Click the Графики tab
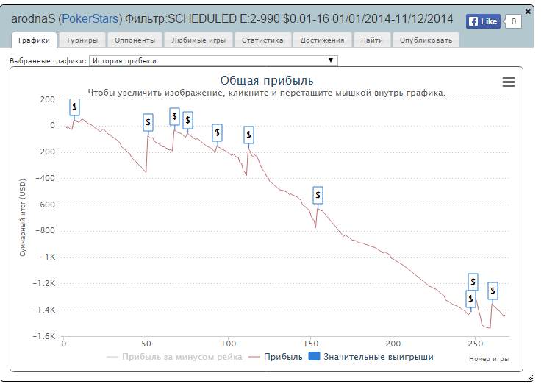34,40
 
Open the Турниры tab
82,40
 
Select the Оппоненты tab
134,40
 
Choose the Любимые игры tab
195,40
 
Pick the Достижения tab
322,40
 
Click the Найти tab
372,40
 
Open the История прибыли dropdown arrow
331,60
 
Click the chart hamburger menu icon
509,82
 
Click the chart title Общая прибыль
267,80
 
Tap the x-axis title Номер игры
489,359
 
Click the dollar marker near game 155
318,195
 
